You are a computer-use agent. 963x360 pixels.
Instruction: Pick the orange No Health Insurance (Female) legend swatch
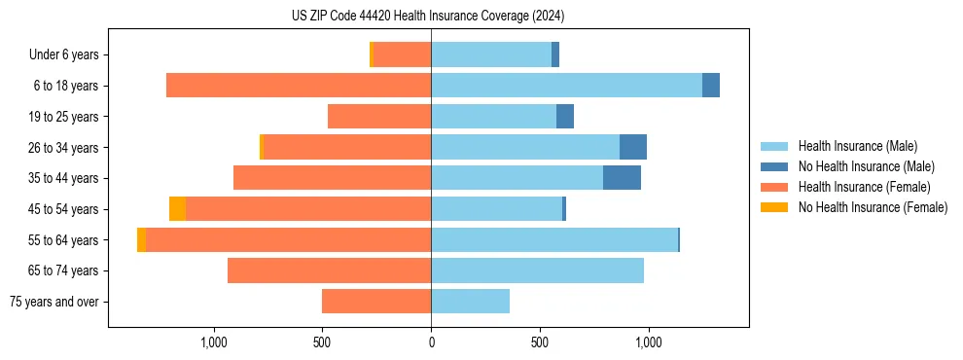coord(774,207)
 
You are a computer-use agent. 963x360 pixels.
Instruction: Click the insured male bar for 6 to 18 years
coord(566,86)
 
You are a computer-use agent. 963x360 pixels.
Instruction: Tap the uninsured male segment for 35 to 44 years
coord(622,178)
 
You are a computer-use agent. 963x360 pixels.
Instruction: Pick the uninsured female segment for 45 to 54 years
coord(177,209)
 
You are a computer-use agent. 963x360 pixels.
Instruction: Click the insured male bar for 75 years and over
coord(470,302)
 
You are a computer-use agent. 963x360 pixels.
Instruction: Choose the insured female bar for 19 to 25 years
coord(379,117)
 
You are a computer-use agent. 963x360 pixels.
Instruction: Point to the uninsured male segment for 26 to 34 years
coord(633,147)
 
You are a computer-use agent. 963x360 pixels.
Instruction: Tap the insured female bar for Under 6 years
coord(402,54)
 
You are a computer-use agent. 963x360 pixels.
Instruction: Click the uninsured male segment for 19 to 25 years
coord(565,117)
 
